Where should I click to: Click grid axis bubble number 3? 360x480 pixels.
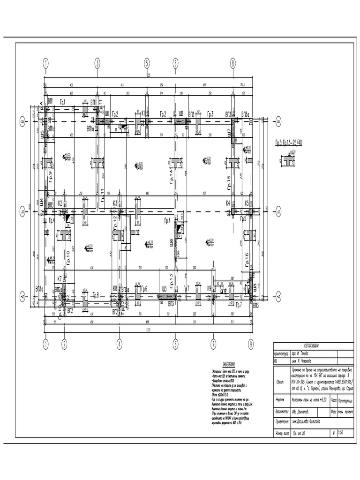(97, 62)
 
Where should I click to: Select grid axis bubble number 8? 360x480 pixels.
(232, 62)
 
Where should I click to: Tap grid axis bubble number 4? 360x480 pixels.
(119, 345)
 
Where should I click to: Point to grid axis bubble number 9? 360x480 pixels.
(251, 345)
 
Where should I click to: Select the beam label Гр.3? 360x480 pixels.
(210, 114)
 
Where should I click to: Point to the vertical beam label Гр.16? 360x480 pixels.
(247, 259)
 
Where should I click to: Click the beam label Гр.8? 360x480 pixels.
(95, 295)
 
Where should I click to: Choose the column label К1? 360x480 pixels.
(143, 113)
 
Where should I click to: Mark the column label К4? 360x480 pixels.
(228, 203)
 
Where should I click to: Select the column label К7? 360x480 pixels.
(60, 279)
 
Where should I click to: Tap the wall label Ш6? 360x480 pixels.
(172, 242)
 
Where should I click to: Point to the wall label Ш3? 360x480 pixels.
(164, 289)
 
